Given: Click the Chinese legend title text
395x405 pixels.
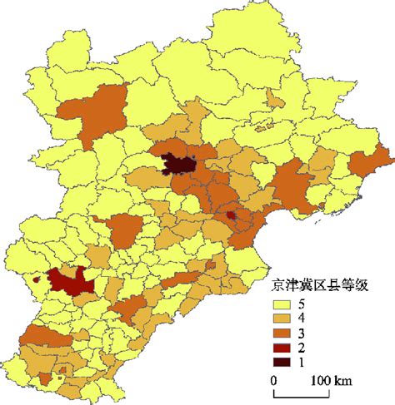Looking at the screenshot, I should [x=321, y=284].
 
